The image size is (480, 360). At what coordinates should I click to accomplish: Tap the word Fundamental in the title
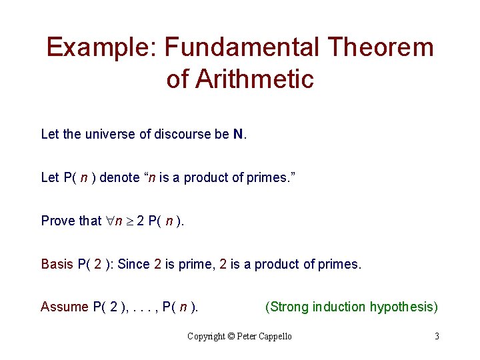click(241, 47)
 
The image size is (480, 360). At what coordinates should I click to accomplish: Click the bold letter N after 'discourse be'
click(238, 134)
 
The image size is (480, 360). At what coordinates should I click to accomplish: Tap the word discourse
click(183, 134)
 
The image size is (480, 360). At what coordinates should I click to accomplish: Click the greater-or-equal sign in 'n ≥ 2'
click(129, 221)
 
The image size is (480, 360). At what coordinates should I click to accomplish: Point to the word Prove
click(57, 221)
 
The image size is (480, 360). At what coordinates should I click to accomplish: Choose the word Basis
click(57, 264)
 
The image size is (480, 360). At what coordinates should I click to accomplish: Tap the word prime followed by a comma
click(192, 264)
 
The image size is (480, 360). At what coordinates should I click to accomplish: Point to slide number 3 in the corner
click(437, 336)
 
